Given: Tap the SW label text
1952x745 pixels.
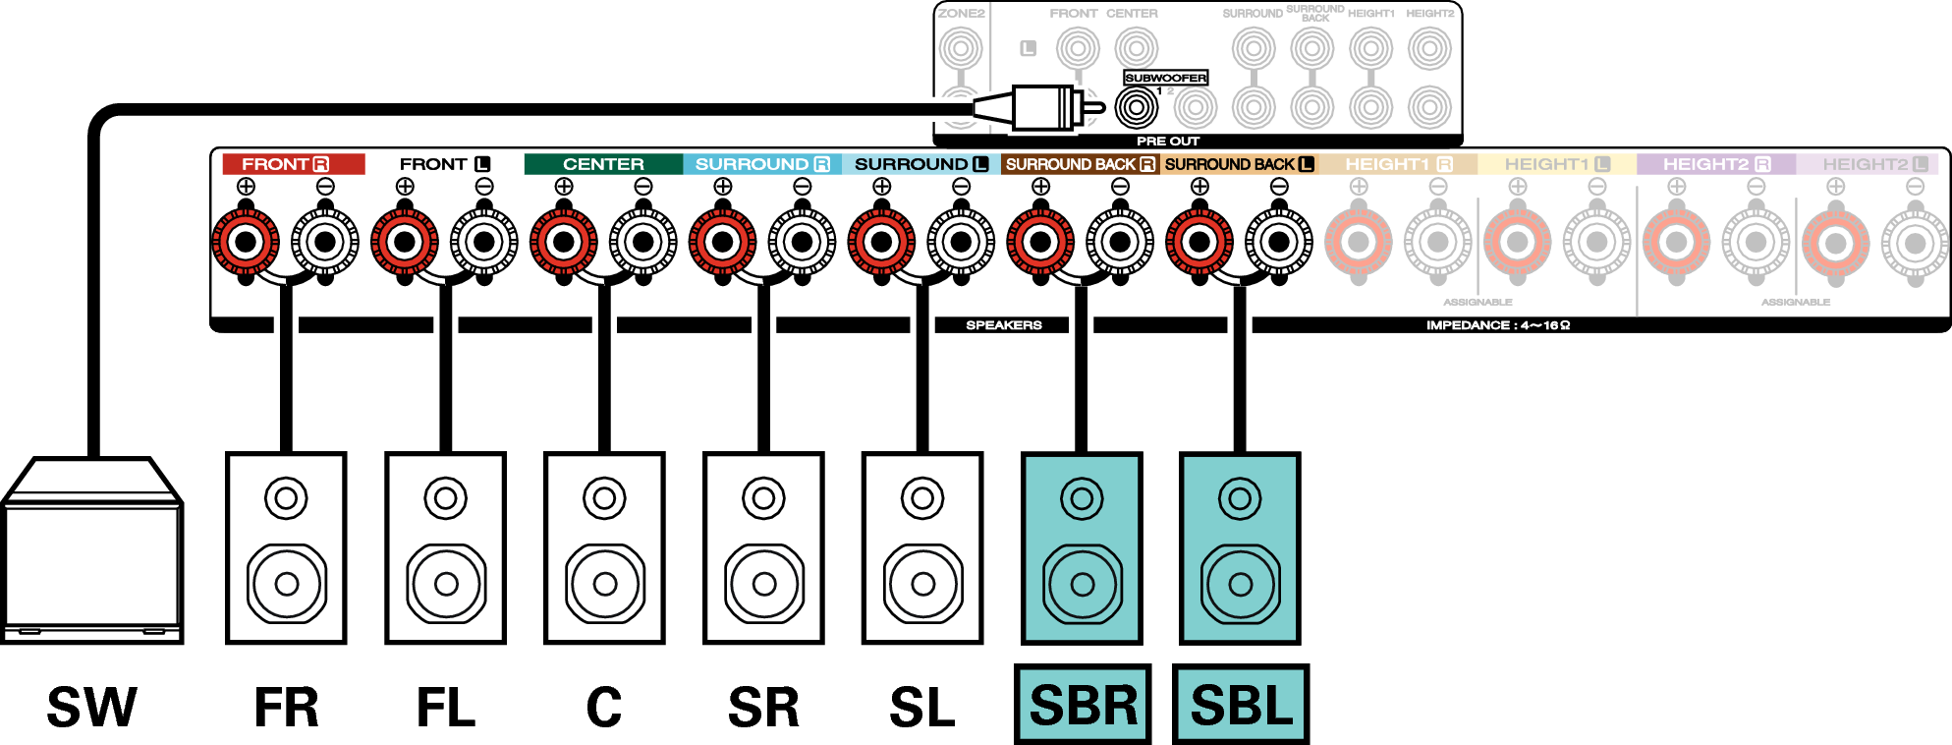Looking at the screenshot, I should (92, 708).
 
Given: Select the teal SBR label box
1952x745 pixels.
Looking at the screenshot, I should (1083, 705).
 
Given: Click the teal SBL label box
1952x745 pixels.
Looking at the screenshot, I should (1241, 705).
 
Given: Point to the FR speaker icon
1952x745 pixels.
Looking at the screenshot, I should (286, 548).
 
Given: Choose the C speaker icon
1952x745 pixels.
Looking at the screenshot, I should (604, 548).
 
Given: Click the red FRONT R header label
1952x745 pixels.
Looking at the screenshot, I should (292, 164).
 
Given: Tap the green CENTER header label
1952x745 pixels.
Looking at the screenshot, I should (603, 164).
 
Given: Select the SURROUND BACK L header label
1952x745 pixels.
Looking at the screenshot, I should (1239, 164).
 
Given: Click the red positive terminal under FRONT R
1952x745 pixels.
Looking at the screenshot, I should (246, 242).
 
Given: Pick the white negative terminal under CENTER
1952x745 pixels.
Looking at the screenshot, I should (643, 242).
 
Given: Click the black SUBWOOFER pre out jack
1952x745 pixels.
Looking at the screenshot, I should (1136, 107).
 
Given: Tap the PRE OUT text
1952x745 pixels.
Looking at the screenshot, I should (1168, 142).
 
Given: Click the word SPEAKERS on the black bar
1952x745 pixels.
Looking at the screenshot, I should (1003, 325).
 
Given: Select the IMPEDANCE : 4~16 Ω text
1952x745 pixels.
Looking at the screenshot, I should (1497, 325).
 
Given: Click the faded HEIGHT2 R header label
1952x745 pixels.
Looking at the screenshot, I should (1715, 164).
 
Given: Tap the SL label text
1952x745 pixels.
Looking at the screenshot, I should (921, 708).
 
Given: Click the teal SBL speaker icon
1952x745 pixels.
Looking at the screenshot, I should (1240, 548).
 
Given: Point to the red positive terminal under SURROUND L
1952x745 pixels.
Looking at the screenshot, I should (881, 242).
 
